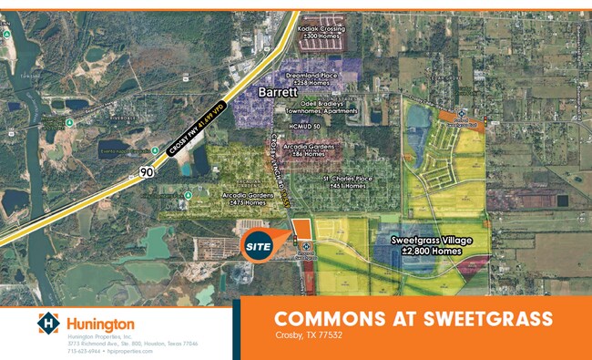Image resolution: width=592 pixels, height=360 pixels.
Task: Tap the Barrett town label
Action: pos(278,91)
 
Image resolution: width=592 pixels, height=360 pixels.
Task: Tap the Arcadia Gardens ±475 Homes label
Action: pos(243,198)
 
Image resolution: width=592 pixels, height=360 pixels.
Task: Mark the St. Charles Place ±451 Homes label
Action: pos(348,181)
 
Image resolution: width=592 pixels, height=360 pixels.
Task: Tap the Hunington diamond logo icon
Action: pos(46,324)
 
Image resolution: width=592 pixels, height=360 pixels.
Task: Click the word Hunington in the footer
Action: pos(99,324)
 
